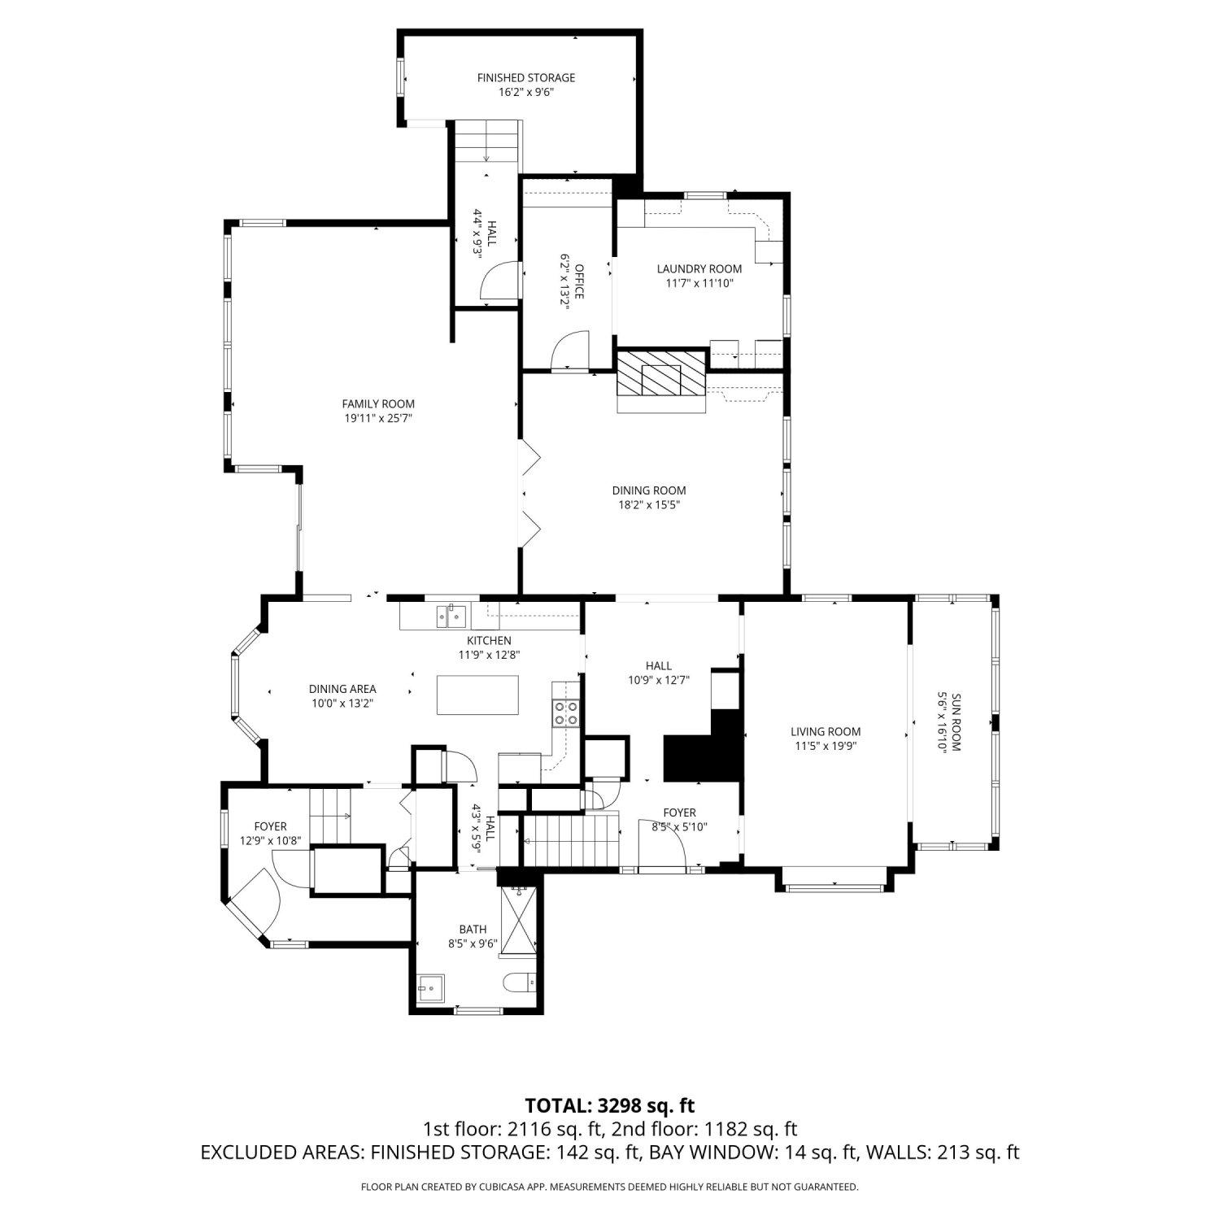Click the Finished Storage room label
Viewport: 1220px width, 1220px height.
526,78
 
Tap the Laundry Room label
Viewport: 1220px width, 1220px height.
699,269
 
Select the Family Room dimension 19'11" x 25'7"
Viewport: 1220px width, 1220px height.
378,419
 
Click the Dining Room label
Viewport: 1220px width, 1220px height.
649,490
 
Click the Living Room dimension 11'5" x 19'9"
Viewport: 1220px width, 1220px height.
826,746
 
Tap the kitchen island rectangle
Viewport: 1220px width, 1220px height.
477,695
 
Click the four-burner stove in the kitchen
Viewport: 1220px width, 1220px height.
566,713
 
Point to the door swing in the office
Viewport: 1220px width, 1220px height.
569,350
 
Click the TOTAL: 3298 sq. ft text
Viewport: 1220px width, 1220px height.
610,1105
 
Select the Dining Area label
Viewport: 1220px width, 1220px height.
342,689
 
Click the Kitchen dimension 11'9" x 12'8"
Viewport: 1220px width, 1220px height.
489,655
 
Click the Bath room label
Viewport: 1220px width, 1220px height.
473,929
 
